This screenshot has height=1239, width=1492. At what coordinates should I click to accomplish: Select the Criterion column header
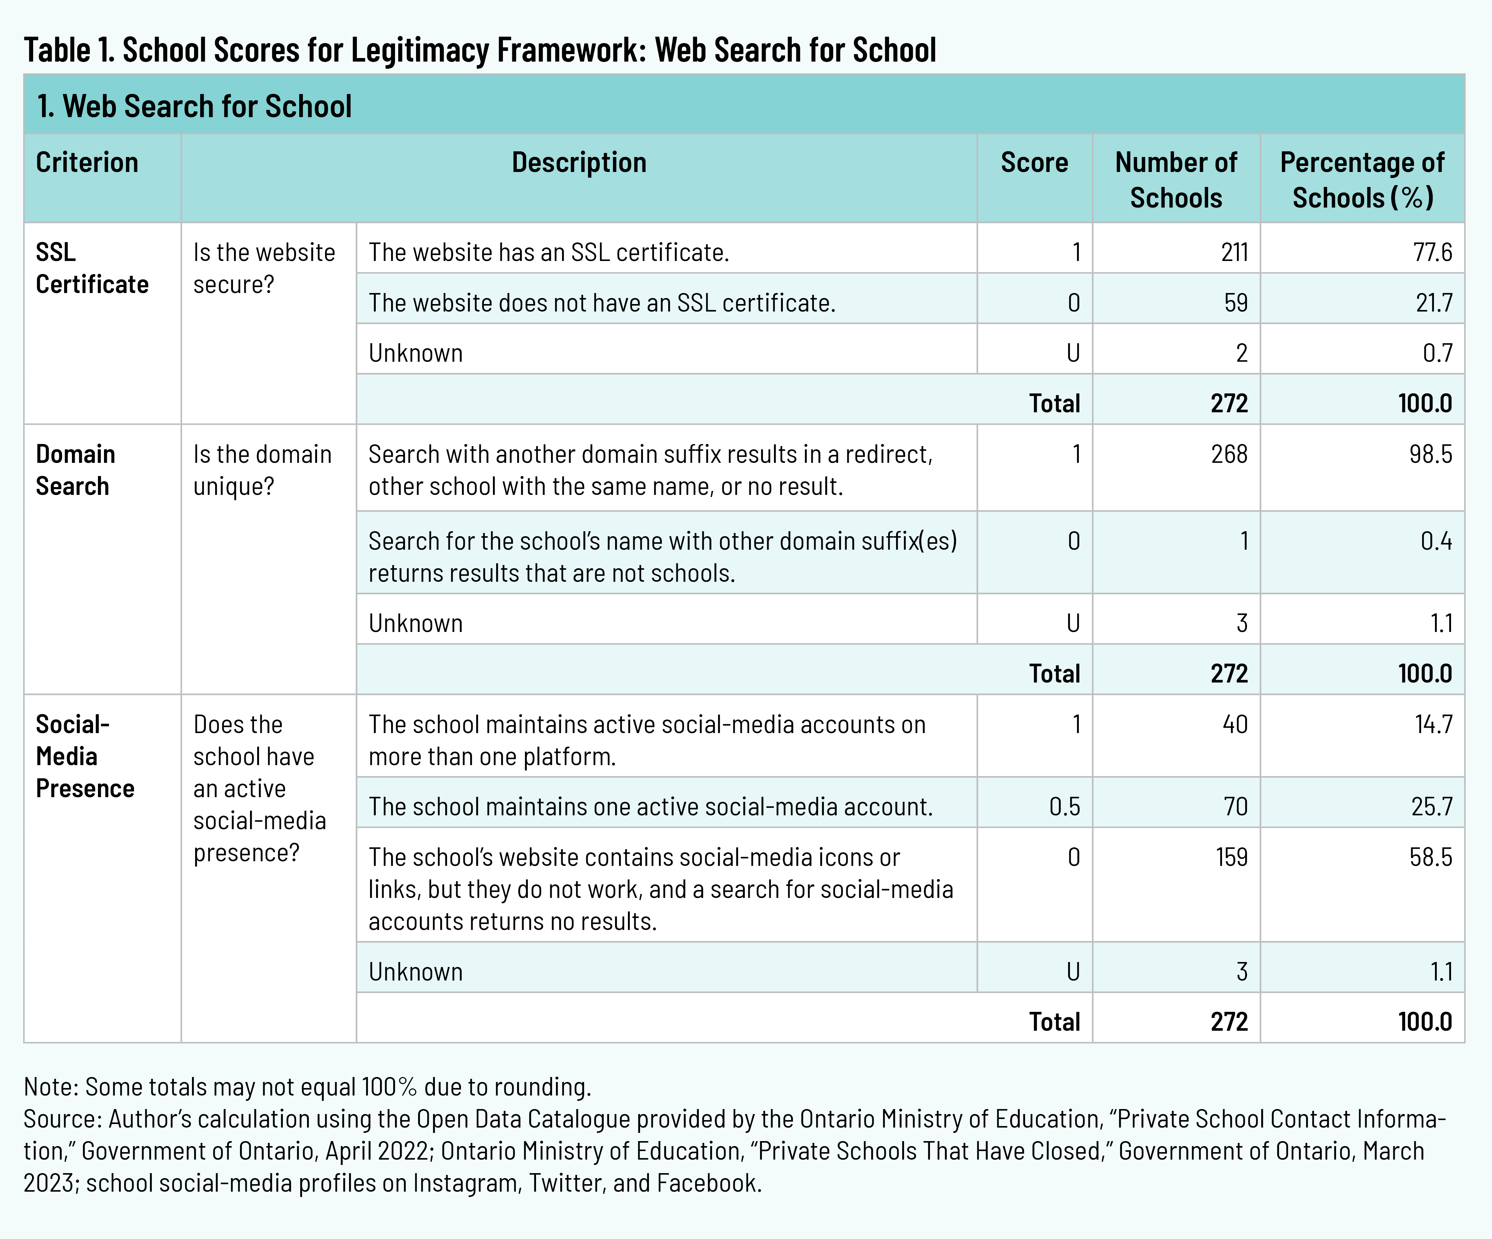pos(87,163)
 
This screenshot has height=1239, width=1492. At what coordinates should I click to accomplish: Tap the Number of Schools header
pos(1176,180)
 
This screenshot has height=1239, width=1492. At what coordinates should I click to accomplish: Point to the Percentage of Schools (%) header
pos(1362,180)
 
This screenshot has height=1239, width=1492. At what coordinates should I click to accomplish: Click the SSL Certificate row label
pos(92,268)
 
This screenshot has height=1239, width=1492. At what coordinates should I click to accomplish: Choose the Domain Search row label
pos(75,470)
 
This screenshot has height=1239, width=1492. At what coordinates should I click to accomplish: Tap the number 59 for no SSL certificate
pos(1236,303)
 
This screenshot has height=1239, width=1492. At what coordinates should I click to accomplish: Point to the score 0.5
pos(1064,806)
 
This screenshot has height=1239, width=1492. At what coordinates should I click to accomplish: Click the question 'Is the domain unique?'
pos(262,470)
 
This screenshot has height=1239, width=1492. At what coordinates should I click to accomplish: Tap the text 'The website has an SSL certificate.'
pos(549,252)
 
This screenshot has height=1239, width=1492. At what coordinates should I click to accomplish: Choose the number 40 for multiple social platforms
pos(1235,724)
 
